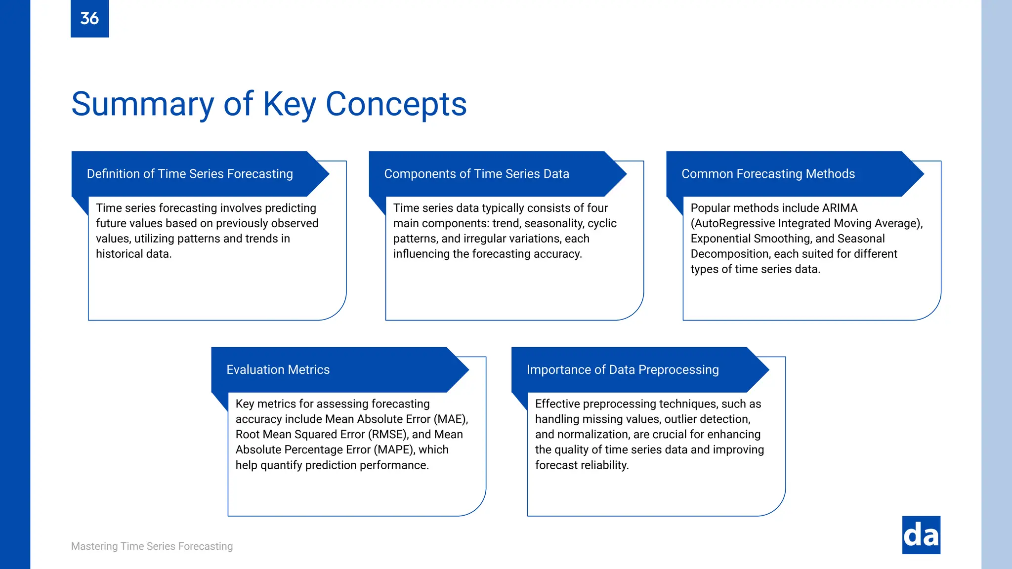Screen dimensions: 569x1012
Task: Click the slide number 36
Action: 89,18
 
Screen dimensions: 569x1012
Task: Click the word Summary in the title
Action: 142,104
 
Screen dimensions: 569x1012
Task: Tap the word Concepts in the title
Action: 396,104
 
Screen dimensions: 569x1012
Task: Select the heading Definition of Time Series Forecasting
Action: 190,174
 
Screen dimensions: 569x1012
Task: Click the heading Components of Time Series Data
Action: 476,174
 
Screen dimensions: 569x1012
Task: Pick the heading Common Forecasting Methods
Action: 768,174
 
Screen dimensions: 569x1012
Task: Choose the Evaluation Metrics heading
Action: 278,370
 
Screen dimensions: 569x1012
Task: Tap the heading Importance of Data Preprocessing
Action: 623,370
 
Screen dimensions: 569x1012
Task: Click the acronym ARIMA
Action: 840,208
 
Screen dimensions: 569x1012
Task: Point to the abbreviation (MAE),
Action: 451,419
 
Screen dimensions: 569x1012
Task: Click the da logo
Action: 921,535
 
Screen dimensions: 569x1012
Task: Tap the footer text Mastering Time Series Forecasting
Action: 152,546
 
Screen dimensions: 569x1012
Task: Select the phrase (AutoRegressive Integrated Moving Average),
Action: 806,223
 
